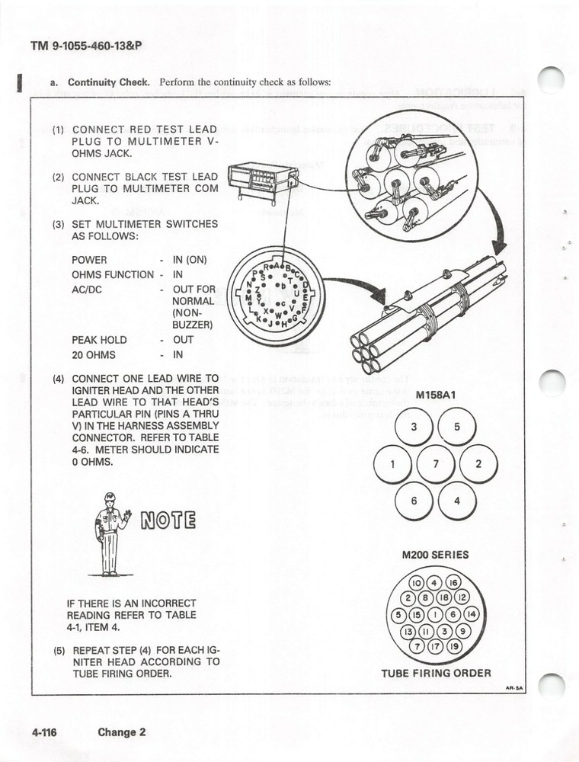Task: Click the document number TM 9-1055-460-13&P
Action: click(86, 45)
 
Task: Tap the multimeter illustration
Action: click(264, 182)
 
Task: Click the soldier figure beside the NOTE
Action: click(109, 533)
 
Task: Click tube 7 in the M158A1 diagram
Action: click(435, 463)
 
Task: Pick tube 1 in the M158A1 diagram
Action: click(392, 463)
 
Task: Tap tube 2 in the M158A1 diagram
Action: click(478, 463)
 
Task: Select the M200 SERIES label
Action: click(435, 555)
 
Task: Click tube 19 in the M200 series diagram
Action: click(455, 648)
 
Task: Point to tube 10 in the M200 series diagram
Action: click(418, 584)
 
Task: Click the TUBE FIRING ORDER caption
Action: click(436, 673)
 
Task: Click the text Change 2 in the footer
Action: click(121, 733)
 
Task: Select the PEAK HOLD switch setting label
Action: click(99, 340)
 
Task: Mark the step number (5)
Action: click(59, 652)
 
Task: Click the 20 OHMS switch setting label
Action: click(94, 355)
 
